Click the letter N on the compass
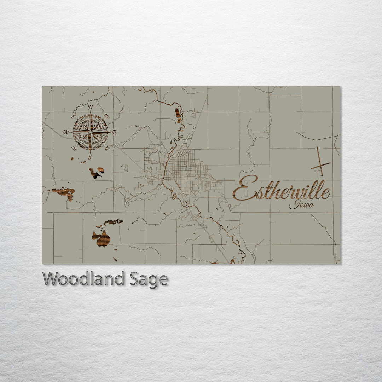[91, 107]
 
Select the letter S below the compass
[90, 157]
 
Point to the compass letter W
[66, 132]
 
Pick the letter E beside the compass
[114, 132]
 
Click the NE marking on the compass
[107, 116]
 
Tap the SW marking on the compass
[74, 148]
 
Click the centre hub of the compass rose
[90, 132]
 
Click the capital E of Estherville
[242, 188]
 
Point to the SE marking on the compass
[106, 148]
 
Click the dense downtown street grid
[182, 170]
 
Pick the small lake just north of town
[178, 115]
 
